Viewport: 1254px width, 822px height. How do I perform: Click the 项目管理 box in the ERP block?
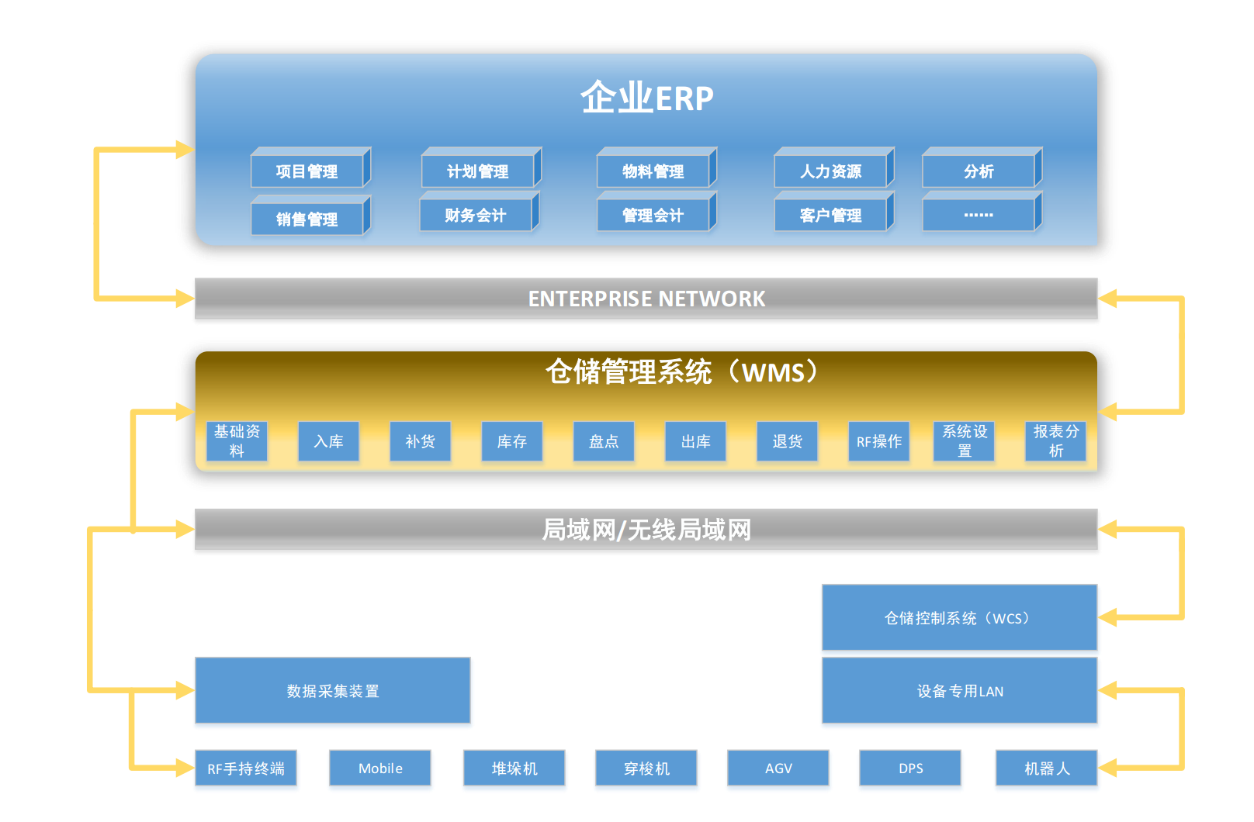[x=307, y=171]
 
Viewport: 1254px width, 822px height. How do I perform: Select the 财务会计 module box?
[x=476, y=216]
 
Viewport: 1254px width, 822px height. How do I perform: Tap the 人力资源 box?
[x=830, y=171]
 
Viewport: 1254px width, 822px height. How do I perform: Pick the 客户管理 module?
[x=830, y=216]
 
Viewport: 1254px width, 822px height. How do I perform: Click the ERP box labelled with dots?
[x=979, y=215]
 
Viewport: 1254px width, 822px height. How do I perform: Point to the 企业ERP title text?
[x=646, y=98]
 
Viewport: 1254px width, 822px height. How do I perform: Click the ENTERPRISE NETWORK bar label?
[x=646, y=299]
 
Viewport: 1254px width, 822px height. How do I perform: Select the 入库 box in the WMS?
[x=328, y=441]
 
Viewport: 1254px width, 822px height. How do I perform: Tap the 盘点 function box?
[x=604, y=441]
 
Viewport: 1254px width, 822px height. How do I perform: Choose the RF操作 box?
[x=878, y=441]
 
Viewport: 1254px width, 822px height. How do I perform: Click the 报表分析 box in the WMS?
[x=1055, y=441]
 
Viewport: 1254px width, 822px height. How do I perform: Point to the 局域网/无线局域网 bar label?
[x=646, y=530]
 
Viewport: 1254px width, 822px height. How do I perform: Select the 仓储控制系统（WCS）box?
[x=959, y=618]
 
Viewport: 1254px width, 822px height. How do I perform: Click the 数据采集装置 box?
[x=332, y=691]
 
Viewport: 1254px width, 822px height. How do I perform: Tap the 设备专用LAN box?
[x=959, y=691]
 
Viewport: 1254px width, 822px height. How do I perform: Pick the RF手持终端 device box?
[x=246, y=768]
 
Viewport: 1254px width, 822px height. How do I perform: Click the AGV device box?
[x=778, y=768]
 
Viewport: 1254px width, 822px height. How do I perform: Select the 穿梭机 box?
[x=646, y=768]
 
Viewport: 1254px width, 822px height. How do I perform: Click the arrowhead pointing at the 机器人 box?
[x=1107, y=768]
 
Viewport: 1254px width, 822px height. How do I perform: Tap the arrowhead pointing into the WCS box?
[x=1107, y=618]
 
